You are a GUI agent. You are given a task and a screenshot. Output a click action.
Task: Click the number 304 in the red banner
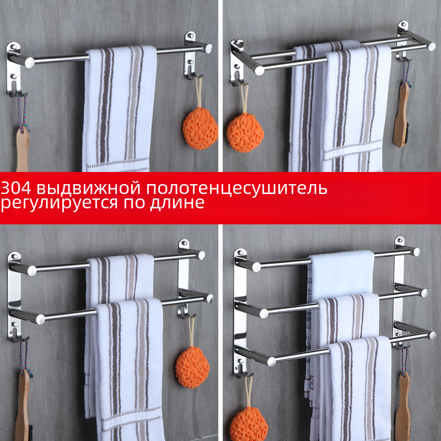click(x=16, y=188)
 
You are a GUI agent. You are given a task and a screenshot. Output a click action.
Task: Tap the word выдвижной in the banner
click(x=88, y=189)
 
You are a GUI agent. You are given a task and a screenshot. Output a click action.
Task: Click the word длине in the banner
click(x=177, y=203)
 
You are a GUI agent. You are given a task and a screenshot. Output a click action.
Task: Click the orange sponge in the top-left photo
click(x=200, y=128)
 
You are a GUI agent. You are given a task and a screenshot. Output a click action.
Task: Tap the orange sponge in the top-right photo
click(x=245, y=133)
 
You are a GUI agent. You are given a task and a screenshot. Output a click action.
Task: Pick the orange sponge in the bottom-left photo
click(x=192, y=367)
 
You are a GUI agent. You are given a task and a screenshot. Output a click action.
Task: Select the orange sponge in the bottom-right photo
click(x=249, y=424)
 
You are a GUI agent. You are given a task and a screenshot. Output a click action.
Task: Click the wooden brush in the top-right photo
click(x=401, y=115)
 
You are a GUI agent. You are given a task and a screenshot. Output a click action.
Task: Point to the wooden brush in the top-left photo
click(x=23, y=148)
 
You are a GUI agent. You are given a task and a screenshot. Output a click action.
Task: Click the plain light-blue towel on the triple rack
click(x=342, y=273)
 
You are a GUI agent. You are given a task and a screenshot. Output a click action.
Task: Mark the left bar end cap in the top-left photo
click(x=30, y=62)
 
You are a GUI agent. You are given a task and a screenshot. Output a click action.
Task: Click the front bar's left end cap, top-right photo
click(x=259, y=71)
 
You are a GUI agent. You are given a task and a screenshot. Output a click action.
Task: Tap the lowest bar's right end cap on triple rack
click(x=432, y=335)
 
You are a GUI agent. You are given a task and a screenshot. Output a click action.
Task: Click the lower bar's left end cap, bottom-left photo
click(x=40, y=319)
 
